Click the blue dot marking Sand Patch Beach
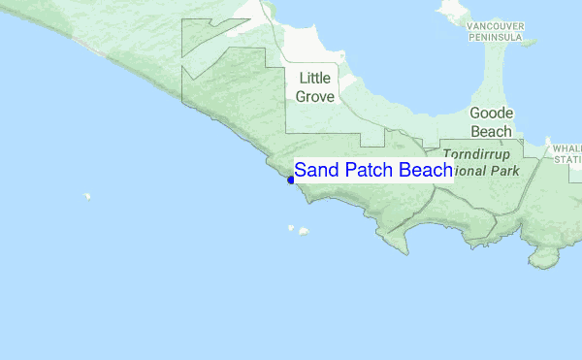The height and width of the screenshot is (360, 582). click(291, 180)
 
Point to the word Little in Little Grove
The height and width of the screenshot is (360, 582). click(317, 79)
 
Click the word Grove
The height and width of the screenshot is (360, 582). click(316, 97)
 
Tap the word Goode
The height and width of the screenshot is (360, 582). click(492, 113)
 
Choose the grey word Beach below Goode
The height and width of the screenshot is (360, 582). click(492, 131)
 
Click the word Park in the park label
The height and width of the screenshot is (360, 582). click(504, 171)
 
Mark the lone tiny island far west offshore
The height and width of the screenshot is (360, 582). click(86, 196)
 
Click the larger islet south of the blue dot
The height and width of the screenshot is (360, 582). click(304, 231)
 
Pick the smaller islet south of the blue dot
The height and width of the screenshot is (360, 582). click(290, 228)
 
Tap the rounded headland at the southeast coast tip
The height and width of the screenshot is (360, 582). click(548, 257)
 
